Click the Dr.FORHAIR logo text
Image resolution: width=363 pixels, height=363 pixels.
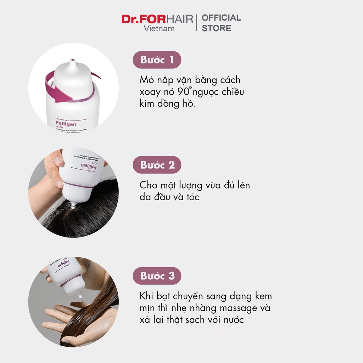(157, 19)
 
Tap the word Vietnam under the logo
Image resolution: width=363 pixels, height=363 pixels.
(159, 29)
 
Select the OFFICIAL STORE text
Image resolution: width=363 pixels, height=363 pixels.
(221, 23)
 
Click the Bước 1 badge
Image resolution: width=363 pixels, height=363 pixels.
(157, 60)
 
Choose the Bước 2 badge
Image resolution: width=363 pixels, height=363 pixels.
(157, 165)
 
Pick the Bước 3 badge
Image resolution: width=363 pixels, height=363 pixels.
(157, 276)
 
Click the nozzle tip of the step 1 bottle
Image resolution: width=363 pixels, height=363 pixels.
(73, 61)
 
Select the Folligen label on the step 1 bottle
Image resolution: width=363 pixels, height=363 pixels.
(66, 124)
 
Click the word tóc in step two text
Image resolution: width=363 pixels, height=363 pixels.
(191, 197)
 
